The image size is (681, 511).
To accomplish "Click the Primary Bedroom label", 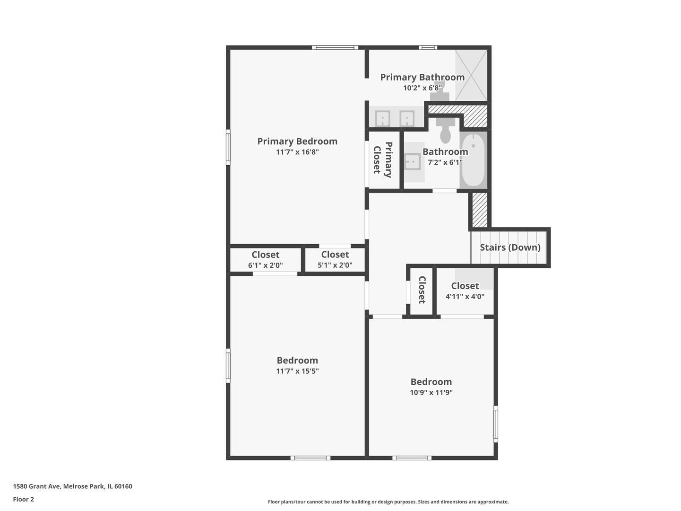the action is [x=297, y=141].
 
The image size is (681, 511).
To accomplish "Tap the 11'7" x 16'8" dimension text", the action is [x=297, y=152].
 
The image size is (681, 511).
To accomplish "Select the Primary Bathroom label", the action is [x=422, y=77].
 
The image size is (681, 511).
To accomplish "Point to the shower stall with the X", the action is [x=471, y=75].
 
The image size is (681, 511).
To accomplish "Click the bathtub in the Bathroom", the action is [x=473, y=160].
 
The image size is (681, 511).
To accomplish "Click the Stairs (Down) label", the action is [x=510, y=247].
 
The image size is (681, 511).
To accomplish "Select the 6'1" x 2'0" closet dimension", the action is [x=265, y=265].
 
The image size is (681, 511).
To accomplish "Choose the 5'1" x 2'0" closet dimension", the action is [x=335, y=265].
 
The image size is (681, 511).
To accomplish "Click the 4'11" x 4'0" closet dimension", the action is [x=465, y=296].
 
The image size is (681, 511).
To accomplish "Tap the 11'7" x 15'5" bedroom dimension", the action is [x=297, y=371].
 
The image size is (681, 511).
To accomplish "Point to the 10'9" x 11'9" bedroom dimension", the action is [x=431, y=392].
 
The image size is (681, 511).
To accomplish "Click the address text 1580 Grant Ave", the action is [x=36, y=486].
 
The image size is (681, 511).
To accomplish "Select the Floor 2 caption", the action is [x=23, y=499].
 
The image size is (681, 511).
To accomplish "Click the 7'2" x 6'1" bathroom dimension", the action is [x=445, y=162].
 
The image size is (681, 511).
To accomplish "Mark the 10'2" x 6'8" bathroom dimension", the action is [x=422, y=88].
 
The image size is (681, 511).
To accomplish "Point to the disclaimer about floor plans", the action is [x=388, y=502].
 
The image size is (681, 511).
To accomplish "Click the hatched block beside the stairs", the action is [x=480, y=210].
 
